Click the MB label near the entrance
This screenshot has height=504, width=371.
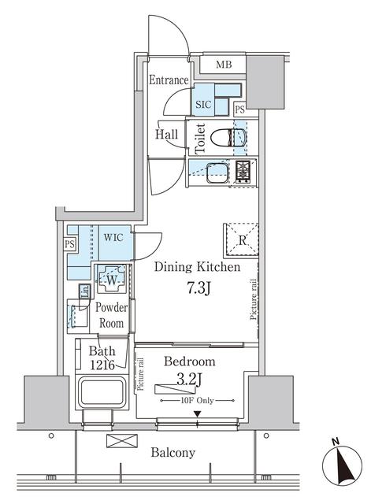click(x=224, y=65)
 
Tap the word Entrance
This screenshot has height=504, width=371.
click(x=169, y=80)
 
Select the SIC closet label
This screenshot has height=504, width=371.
click(x=202, y=102)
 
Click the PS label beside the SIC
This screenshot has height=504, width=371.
click(x=239, y=109)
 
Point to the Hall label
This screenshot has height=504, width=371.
click(x=165, y=135)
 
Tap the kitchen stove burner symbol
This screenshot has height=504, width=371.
click(x=243, y=169)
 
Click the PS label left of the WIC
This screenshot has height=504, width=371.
click(x=69, y=245)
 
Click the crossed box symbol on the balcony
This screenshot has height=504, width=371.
click(x=116, y=441)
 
